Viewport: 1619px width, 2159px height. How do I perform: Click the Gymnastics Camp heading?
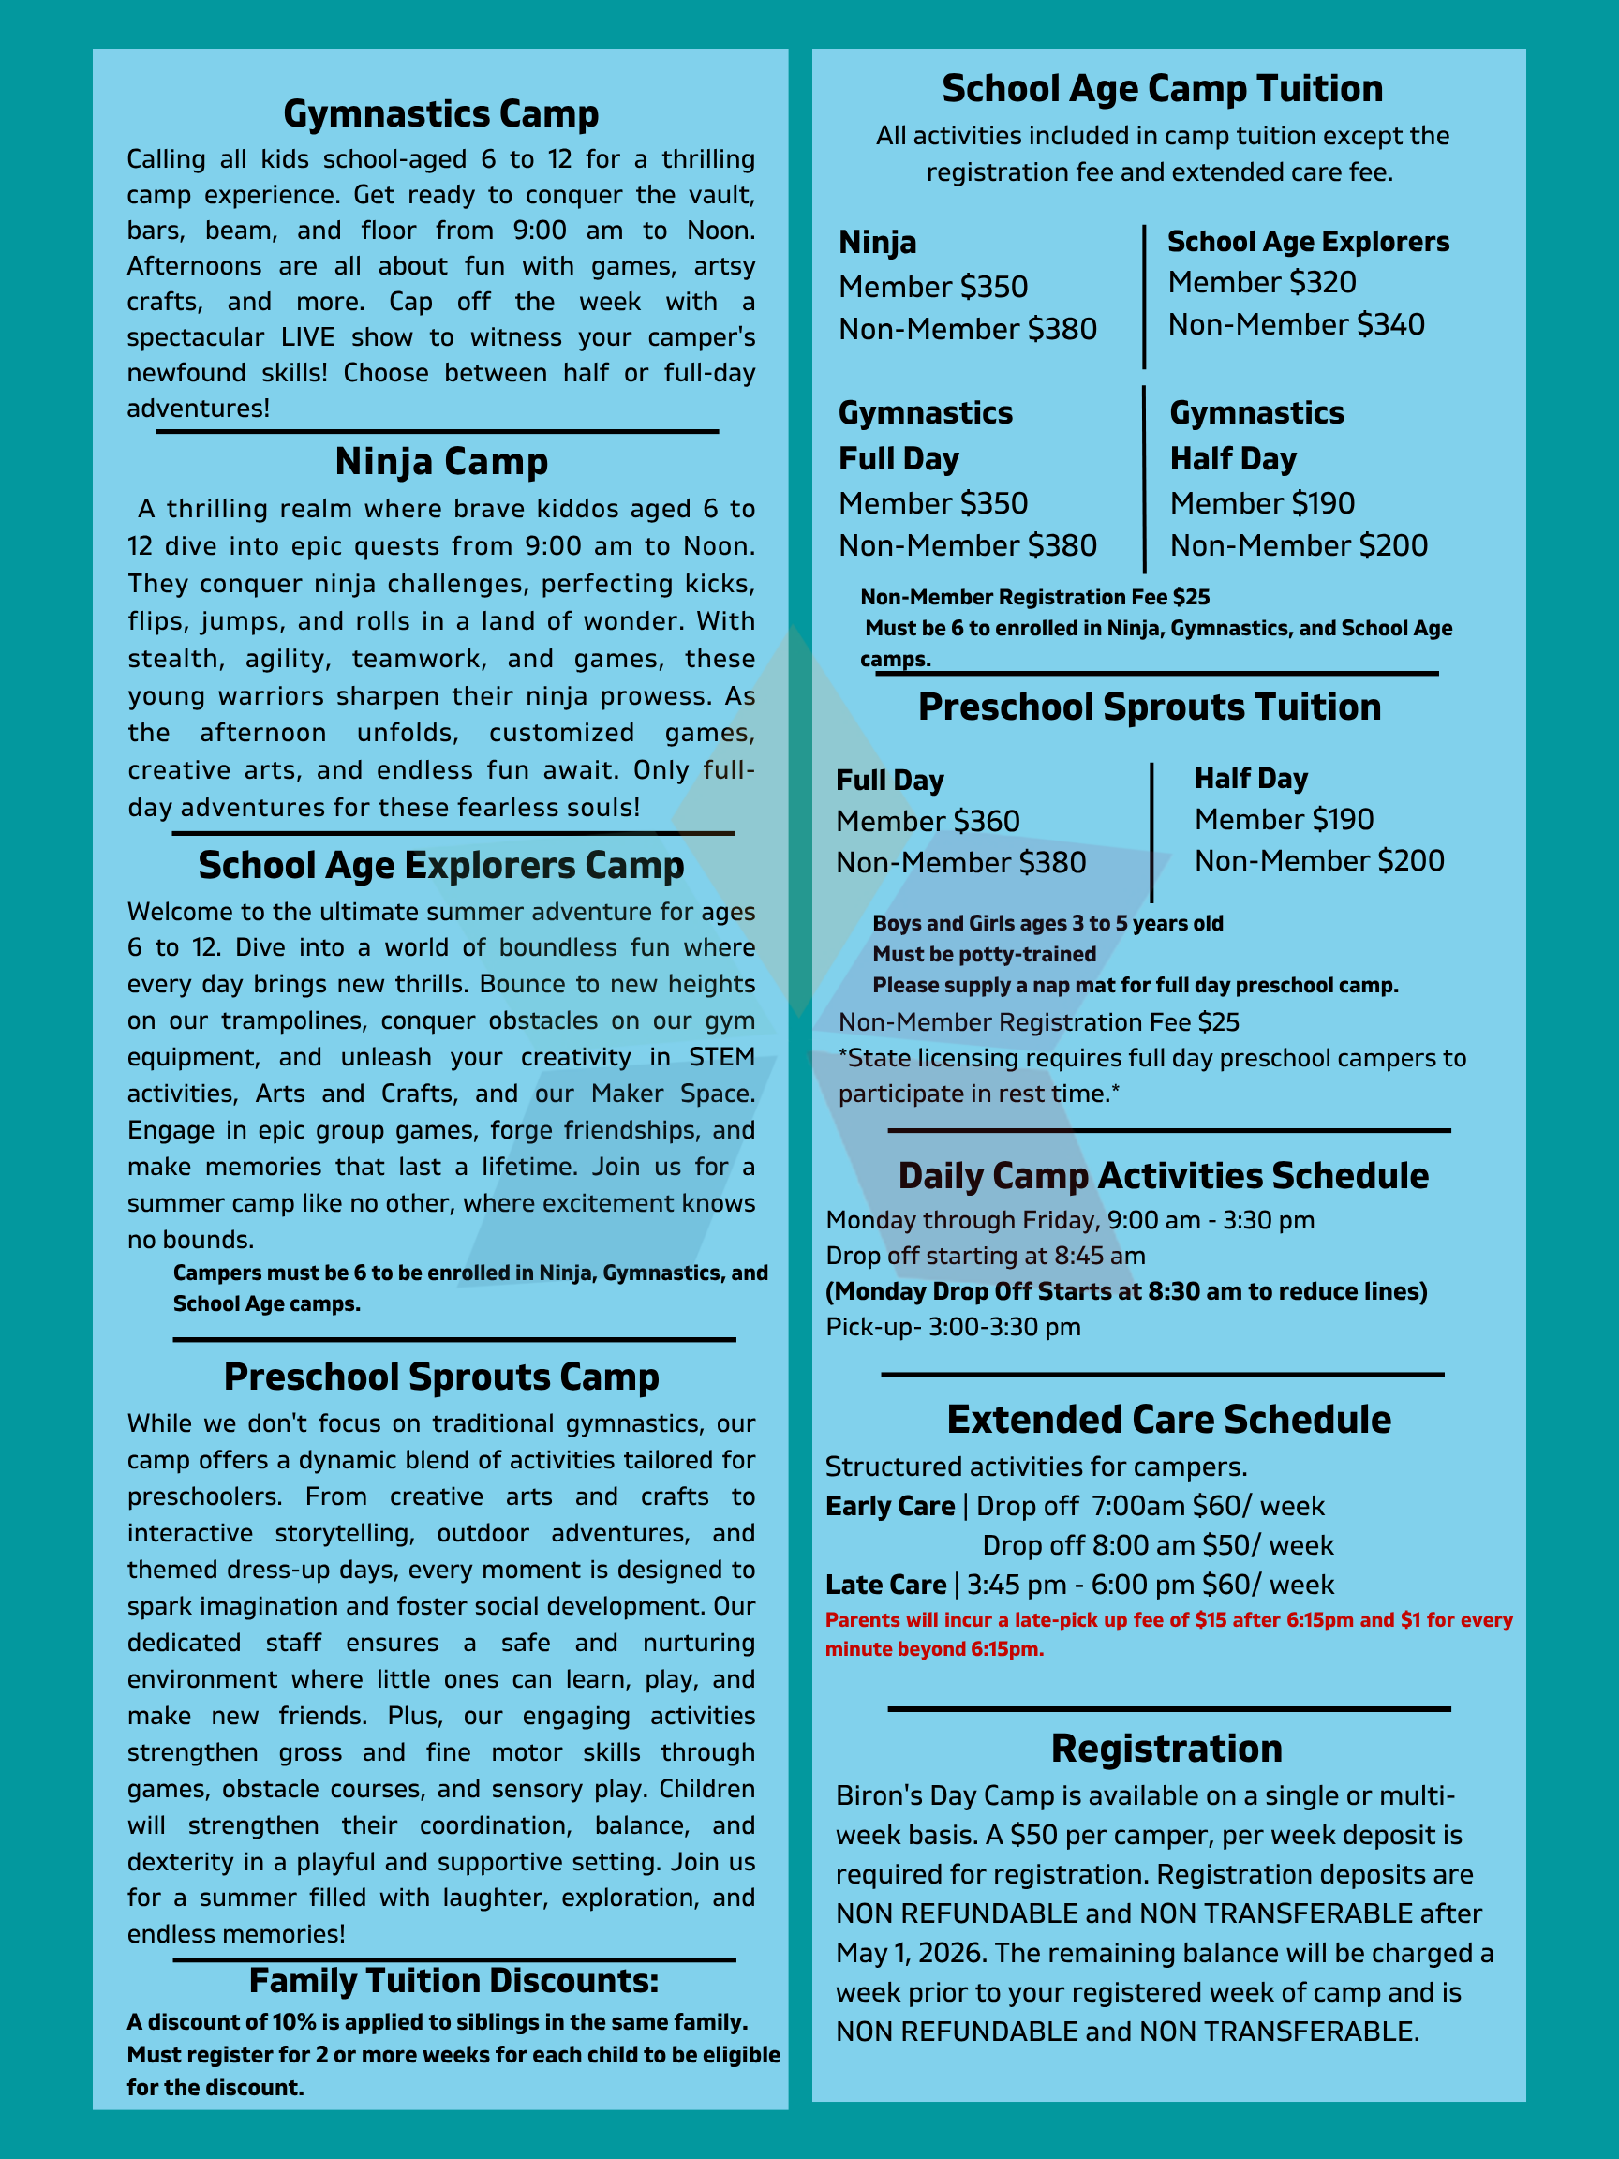point(440,114)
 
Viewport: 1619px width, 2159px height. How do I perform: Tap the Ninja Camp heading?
point(441,462)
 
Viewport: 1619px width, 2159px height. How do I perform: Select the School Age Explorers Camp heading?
point(441,866)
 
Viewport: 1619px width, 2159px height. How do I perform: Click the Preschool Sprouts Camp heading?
point(441,1377)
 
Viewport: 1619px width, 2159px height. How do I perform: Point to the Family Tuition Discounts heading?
point(453,1980)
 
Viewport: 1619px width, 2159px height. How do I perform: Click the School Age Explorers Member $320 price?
point(1262,282)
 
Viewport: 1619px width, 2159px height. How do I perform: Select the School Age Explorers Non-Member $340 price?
point(1296,324)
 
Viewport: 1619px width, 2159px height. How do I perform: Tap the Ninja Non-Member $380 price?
point(967,329)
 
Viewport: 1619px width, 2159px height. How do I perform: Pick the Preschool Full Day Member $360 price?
point(928,821)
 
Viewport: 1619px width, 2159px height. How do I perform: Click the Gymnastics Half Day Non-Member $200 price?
point(1298,545)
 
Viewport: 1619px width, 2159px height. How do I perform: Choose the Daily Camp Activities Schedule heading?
point(1164,1176)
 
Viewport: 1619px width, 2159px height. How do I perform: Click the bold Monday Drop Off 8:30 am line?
point(1126,1291)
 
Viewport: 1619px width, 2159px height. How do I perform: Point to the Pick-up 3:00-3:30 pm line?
point(953,1327)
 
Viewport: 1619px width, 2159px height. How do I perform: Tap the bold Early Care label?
point(890,1506)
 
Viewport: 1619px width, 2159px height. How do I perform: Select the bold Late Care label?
point(886,1585)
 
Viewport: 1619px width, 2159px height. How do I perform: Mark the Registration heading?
point(1166,1748)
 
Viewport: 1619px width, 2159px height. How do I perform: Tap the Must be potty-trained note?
point(984,954)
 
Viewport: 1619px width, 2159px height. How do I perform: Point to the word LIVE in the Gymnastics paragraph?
point(309,336)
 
